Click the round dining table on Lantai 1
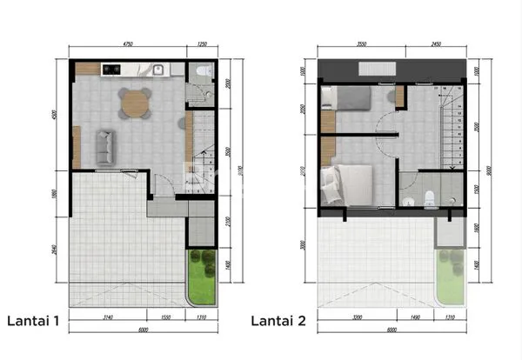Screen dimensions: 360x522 135,103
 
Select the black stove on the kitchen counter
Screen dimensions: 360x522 112,69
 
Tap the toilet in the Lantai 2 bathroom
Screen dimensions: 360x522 429,199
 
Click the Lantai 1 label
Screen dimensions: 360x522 34,321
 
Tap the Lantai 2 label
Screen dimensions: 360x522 278,321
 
